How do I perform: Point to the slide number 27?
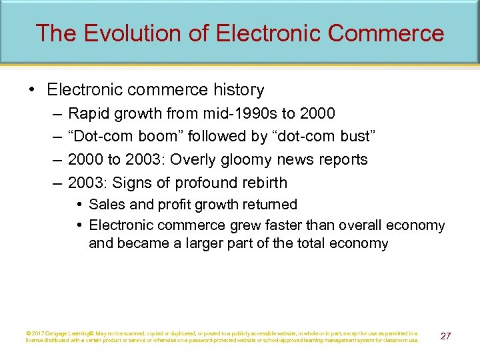pyautogui.click(x=445, y=336)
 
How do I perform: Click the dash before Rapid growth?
pyautogui.click(x=55, y=113)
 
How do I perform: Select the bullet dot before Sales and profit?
pyautogui.click(x=79, y=205)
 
